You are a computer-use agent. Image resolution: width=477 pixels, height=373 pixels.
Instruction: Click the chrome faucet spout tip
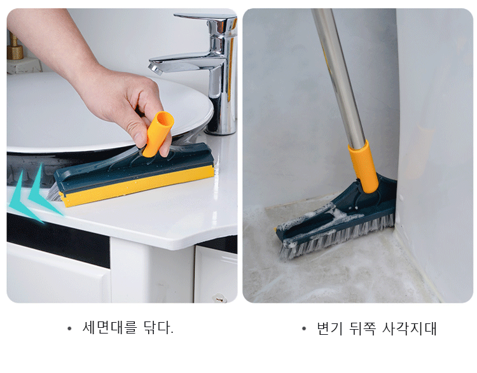(155, 69)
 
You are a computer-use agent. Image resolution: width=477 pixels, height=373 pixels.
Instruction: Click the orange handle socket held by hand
(158, 134)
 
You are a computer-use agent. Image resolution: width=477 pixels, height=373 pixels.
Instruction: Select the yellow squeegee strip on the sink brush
(137, 186)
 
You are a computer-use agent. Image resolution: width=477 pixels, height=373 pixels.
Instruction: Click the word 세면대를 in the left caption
(109, 328)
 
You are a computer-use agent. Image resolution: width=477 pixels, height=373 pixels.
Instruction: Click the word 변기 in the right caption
(329, 328)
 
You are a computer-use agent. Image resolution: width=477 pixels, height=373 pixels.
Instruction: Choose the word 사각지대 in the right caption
(410, 328)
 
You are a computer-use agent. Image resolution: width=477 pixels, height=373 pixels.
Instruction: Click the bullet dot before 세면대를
(69, 328)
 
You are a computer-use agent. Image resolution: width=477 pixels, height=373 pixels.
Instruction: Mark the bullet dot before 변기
(304, 328)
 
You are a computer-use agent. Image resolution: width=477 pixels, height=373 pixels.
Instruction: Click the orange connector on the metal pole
(364, 167)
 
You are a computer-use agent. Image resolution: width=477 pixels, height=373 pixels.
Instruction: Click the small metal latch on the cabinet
(219, 299)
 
